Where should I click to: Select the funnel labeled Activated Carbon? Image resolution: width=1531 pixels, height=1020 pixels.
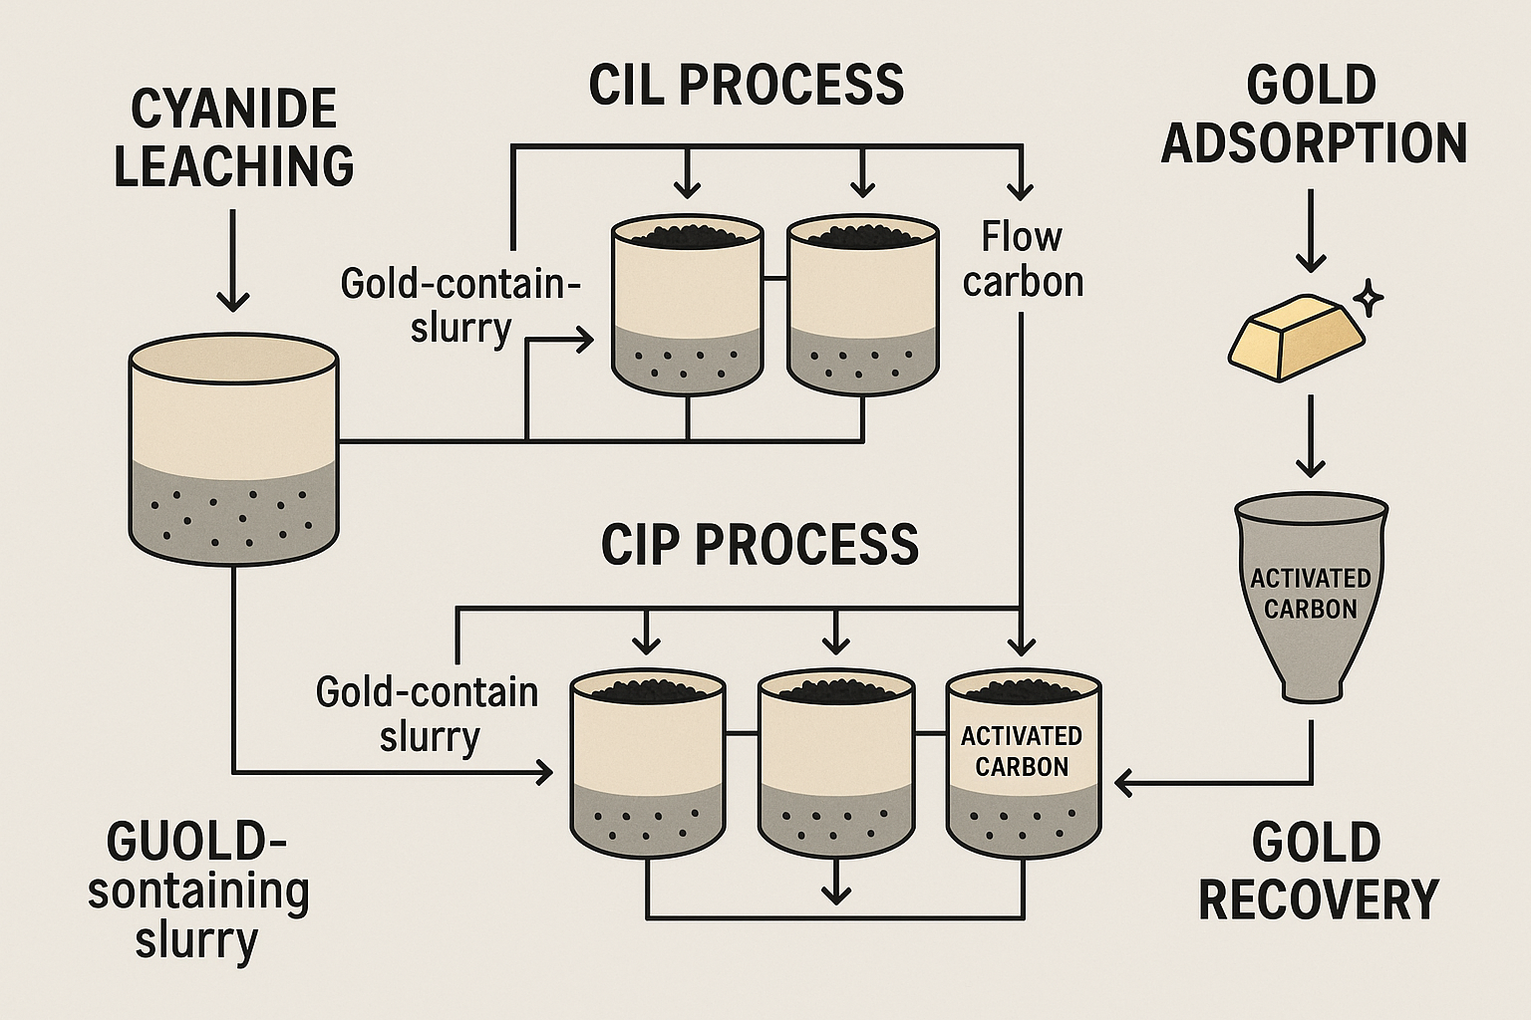point(1310,598)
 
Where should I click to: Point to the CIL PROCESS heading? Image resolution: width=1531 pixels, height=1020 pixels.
point(747,85)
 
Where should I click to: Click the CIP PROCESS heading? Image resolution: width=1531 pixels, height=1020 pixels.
point(760,545)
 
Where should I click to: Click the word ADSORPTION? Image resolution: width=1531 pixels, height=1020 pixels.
point(1314,142)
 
